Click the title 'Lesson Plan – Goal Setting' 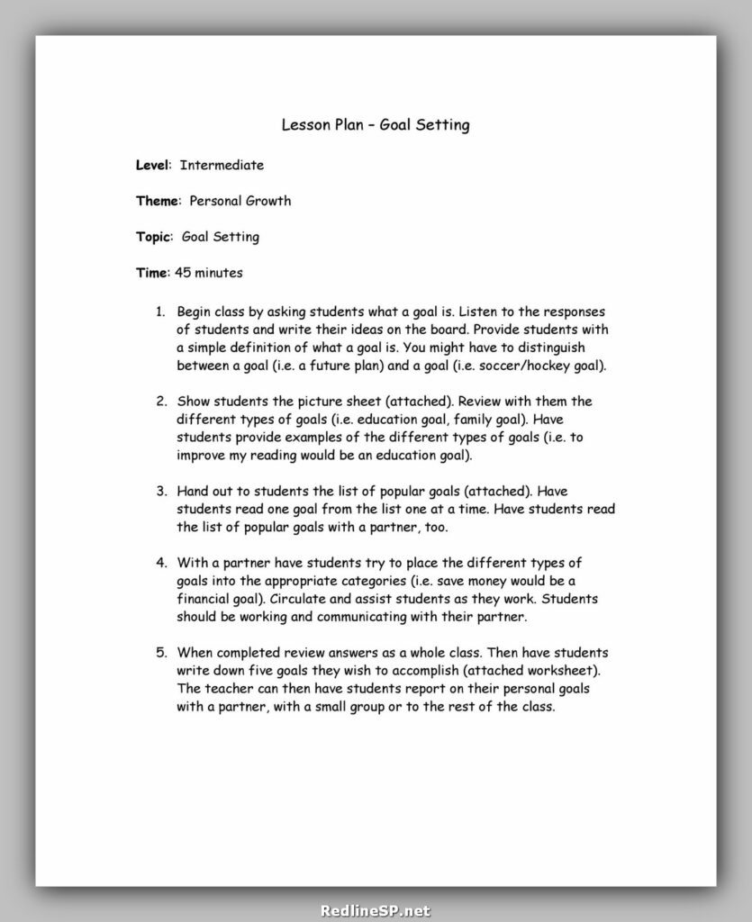[376, 125]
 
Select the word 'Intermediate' [222, 165]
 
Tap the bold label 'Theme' [157, 201]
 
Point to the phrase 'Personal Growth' [240, 201]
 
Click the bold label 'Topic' [153, 237]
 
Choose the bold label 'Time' [151, 272]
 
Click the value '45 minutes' [208, 272]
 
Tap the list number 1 [159, 311]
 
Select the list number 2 [160, 401]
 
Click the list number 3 [160, 491]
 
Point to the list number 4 [160, 563]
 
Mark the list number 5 [160, 653]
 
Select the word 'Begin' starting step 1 [195, 311]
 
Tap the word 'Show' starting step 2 [194, 401]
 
